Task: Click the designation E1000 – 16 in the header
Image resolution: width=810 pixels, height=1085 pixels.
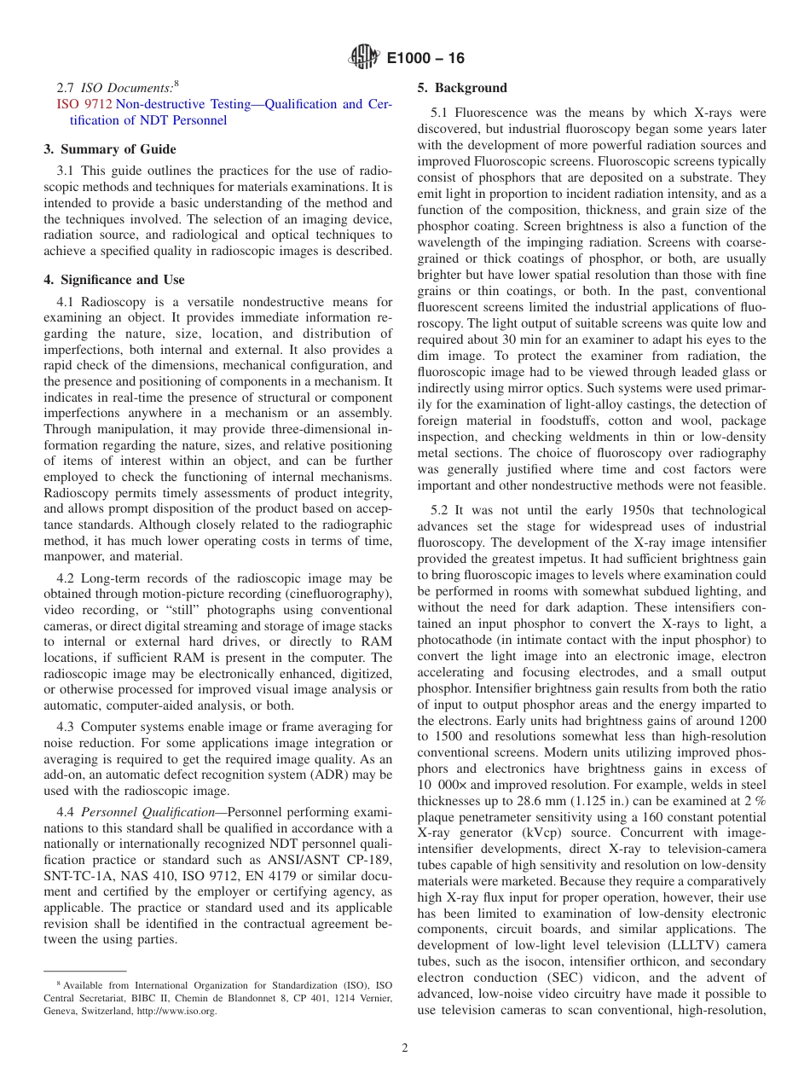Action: pyautogui.click(x=425, y=59)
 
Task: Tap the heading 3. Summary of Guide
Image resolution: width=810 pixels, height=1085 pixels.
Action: pyautogui.click(x=110, y=149)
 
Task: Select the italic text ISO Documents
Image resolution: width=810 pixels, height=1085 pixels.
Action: pyautogui.click(x=126, y=88)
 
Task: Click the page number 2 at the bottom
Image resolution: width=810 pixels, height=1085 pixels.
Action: pyautogui.click(x=405, y=1048)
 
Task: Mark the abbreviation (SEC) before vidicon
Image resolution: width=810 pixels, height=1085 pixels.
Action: pyautogui.click(x=581, y=978)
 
